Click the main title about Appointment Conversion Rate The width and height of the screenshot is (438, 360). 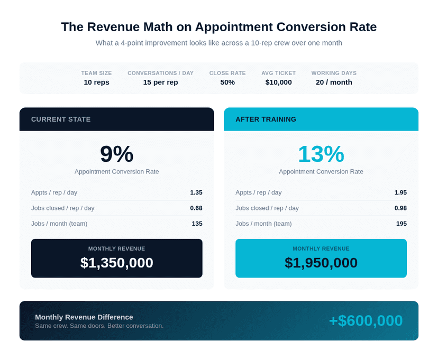pos(218,27)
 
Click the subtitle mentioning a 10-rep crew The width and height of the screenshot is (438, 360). pos(218,43)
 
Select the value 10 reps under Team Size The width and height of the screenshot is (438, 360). pos(96,82)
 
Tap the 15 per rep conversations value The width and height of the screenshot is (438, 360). pos(160,82)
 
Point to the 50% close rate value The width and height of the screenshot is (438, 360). pos(227,82)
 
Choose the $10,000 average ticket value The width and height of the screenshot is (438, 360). pos(278,82)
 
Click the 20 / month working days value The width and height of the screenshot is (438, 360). pos(334,82)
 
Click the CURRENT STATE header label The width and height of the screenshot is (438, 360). pos(61,119)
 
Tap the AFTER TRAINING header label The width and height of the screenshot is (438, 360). pos(266,119)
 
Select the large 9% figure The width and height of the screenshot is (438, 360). pos(116,154)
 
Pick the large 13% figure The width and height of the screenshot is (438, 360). pos(321,154)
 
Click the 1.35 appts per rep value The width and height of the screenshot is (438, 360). pos(196,192)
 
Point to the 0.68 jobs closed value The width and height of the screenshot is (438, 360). pos(196,208)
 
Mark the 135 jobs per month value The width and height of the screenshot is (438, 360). pos(197,224)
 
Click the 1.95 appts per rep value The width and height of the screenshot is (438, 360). pos(400,192)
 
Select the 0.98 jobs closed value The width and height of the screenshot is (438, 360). pos(400,208)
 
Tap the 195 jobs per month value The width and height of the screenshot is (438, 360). pos(401,224)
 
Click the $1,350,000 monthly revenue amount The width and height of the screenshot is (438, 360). pos(116,263)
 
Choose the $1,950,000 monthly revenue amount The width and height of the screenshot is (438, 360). pos(321,263)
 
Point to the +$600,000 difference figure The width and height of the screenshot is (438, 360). pos(366,321)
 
